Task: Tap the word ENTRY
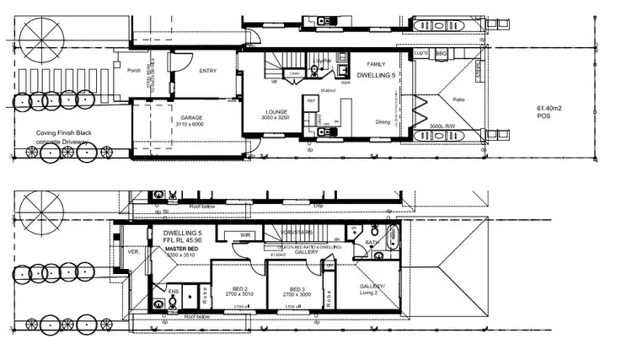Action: click(207, 71)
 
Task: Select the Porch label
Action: click(134, 71)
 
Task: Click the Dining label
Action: click(383, 122)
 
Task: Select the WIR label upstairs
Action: click(247, 235)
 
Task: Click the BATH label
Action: click(372, 244)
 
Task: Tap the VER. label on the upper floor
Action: click(131, 251)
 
